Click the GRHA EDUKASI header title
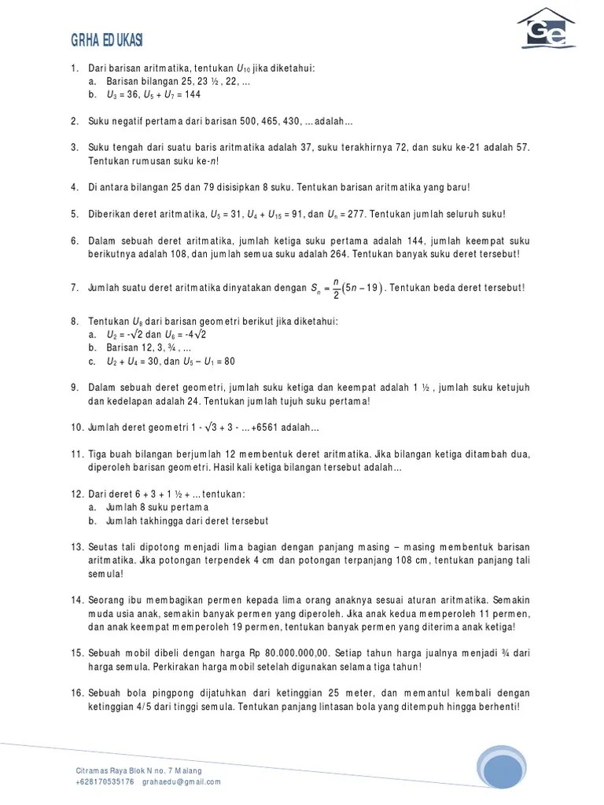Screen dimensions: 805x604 point(107,41)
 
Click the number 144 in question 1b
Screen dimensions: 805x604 point(192,94)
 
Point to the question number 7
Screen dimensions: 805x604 point(75,288)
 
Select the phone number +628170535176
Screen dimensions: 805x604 point(105,782)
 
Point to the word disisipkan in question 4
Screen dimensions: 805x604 point(223,187)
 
